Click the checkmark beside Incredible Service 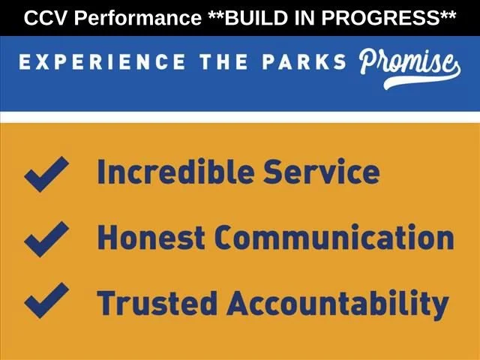[x=46, y=174]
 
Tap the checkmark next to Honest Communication [x=46, y=239]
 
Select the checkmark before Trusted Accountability [x=46, y=300]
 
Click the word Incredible [x=175, y=172]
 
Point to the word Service [x=322, y=172]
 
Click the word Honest [x=151, y=237]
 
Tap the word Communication [x=334, y=237]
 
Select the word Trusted [x=157, y=303]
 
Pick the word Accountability [x=337, y=304]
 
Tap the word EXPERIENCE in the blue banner [x=102, y=61]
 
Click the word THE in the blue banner [x=223, y=61]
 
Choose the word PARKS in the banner [x=304, y=61]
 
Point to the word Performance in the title [x=138, y=18]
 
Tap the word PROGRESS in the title [x=380, y=18]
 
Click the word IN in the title [x=304, y=18]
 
